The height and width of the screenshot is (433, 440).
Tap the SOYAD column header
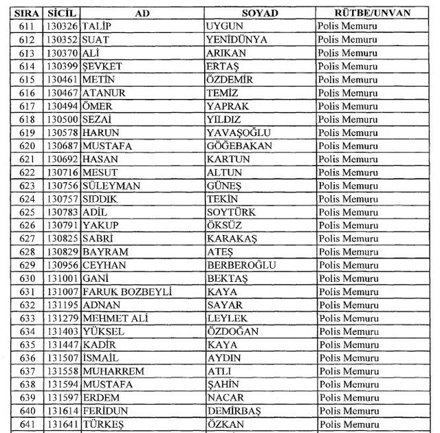pyautogui.click(x=259, y=13)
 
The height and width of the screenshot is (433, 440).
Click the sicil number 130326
pyautogui.click(x=63, y=26)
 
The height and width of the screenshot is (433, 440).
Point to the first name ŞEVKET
pyautogui.click(x=100, y=66)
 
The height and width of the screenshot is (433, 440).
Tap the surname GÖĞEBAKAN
pyautogui.click(x=239, y=146)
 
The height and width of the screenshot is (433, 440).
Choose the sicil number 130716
pyautogui.click(x=63, y=172)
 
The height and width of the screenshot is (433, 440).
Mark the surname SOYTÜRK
pyautogui.click(x=230, y=212)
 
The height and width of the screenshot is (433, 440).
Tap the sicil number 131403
pyautogui.click(x=63, y=331)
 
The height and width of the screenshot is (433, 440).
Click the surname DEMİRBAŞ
pyautogui.click(x=235, y=411)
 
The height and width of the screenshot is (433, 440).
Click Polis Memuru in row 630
pyautogui.click(x=352, y=278)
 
